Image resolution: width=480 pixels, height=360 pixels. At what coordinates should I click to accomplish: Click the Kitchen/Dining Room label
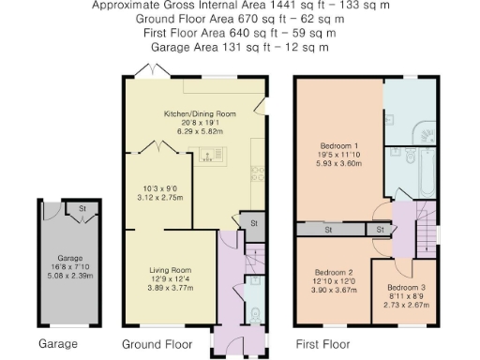pyautogui.click(x=190, y=112)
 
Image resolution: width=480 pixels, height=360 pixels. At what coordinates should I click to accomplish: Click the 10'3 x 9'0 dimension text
pyautogui.click(x=158, y=189)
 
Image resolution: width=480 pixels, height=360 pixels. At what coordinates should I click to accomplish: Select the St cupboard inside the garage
pyautogui.click(x=82, y=209)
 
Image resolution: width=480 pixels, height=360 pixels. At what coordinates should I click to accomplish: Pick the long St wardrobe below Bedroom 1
pyautogui.click(x=329, y=229)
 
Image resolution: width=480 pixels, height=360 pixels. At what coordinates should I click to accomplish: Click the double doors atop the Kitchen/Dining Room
pyautogui.click(x=149, y=71)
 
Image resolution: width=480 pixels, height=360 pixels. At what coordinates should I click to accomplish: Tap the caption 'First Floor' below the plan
pyautogui.click(x=322, y=343)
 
